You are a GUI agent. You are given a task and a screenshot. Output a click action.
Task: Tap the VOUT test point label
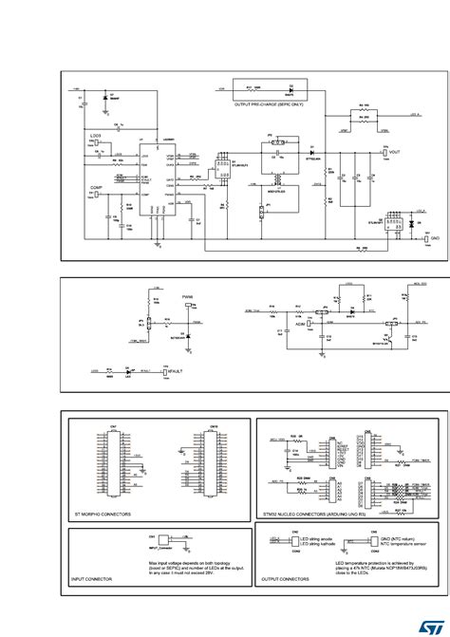pyautogui.click(x=395, y=152)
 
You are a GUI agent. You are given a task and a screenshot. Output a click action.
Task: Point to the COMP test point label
pyautogui.click(x=96, y=189)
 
